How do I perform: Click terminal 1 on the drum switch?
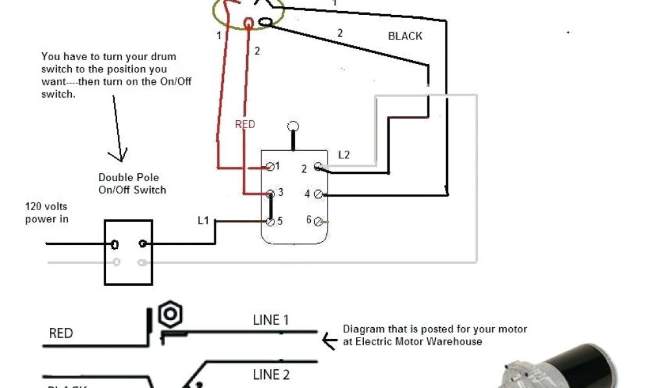(x=270, y=167)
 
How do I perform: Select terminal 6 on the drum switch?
(x=318, y=221)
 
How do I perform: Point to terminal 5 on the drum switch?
(x=270, y=221)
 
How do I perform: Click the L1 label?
(x=203, y=221)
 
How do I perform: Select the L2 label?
(x=344, y=155)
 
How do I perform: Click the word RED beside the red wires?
(x=245, y=124)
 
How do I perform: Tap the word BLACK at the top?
(x=405, y=36)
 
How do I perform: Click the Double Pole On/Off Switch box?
(x=128, y=252)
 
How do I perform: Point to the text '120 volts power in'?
(x=47, y=213)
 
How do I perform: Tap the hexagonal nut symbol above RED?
(x=170, y=314)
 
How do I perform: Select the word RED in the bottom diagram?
(x=61, y=334)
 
